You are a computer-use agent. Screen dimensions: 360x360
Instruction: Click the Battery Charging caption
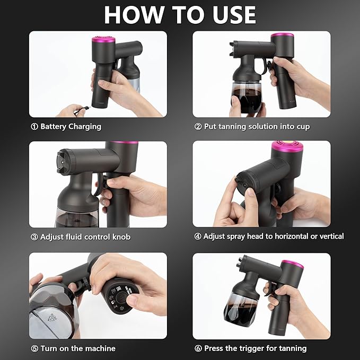pyautogui.click(x=71, y=127)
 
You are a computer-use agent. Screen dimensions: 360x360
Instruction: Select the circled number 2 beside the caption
pyautogui.click(x=198, y=127)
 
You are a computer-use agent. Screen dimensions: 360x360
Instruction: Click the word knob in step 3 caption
pyautogui.click(x=120, y=236)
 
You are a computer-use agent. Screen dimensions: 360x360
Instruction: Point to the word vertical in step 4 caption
pyautogui.click(x=329, y=236)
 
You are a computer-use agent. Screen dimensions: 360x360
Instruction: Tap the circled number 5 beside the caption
pyautogui.click(x=34, y=348)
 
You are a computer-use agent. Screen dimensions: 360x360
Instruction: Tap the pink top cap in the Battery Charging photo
pyautogui.click(x=101, y=40)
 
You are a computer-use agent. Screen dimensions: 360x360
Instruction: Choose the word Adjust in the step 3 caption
pyautogui.click(x=52, y=236)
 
